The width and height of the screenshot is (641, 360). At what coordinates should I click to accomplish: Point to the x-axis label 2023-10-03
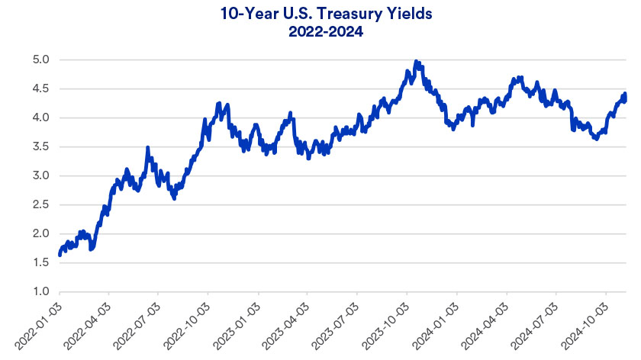coord(387,324)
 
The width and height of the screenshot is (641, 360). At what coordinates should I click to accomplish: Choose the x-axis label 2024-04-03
coord(486,324)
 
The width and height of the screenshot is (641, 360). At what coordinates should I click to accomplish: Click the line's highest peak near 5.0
coord(416,61)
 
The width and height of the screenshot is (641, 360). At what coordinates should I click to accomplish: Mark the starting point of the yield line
coord(60,254)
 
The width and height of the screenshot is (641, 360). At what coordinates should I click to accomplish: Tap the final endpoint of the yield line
coord(625,94)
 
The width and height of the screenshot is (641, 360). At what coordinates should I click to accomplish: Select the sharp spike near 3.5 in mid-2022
coord(147,147)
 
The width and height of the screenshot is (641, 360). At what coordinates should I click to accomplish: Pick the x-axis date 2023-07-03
coord(337,324)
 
